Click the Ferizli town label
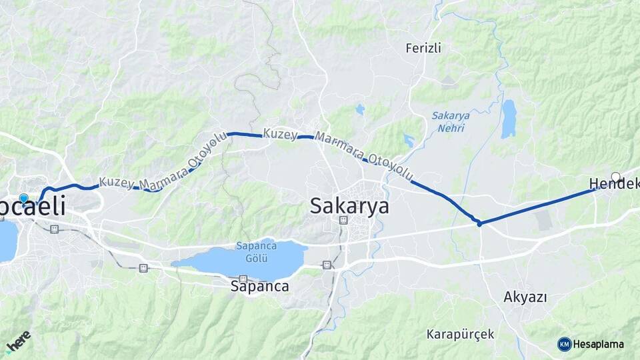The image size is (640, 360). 424,48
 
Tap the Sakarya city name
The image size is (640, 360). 349,206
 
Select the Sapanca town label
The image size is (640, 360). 259,287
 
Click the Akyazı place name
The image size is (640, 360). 525,297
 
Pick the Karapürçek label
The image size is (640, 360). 461,334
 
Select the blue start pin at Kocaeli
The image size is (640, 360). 24,199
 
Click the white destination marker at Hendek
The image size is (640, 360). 615,177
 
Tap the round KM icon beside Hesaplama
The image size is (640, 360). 564,344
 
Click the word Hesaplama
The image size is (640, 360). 599,344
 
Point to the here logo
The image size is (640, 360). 18,341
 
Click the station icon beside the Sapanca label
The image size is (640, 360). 243,279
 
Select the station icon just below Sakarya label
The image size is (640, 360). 343,220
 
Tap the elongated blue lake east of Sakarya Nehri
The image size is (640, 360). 509,119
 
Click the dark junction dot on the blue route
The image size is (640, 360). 479,224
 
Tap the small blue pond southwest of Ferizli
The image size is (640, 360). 360,109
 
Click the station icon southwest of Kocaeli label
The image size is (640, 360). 54,229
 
